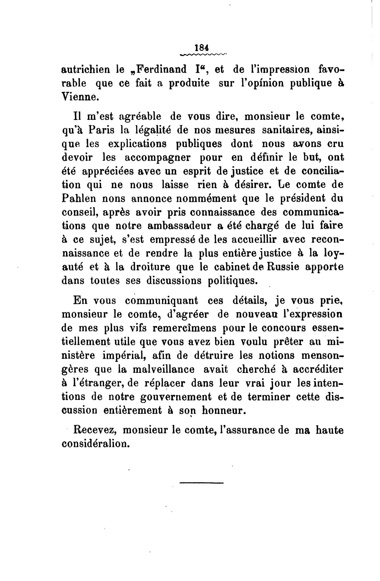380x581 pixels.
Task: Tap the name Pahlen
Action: (79, 198)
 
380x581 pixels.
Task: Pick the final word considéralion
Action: (95, 444)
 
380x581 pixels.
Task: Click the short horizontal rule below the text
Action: (201, 483)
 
